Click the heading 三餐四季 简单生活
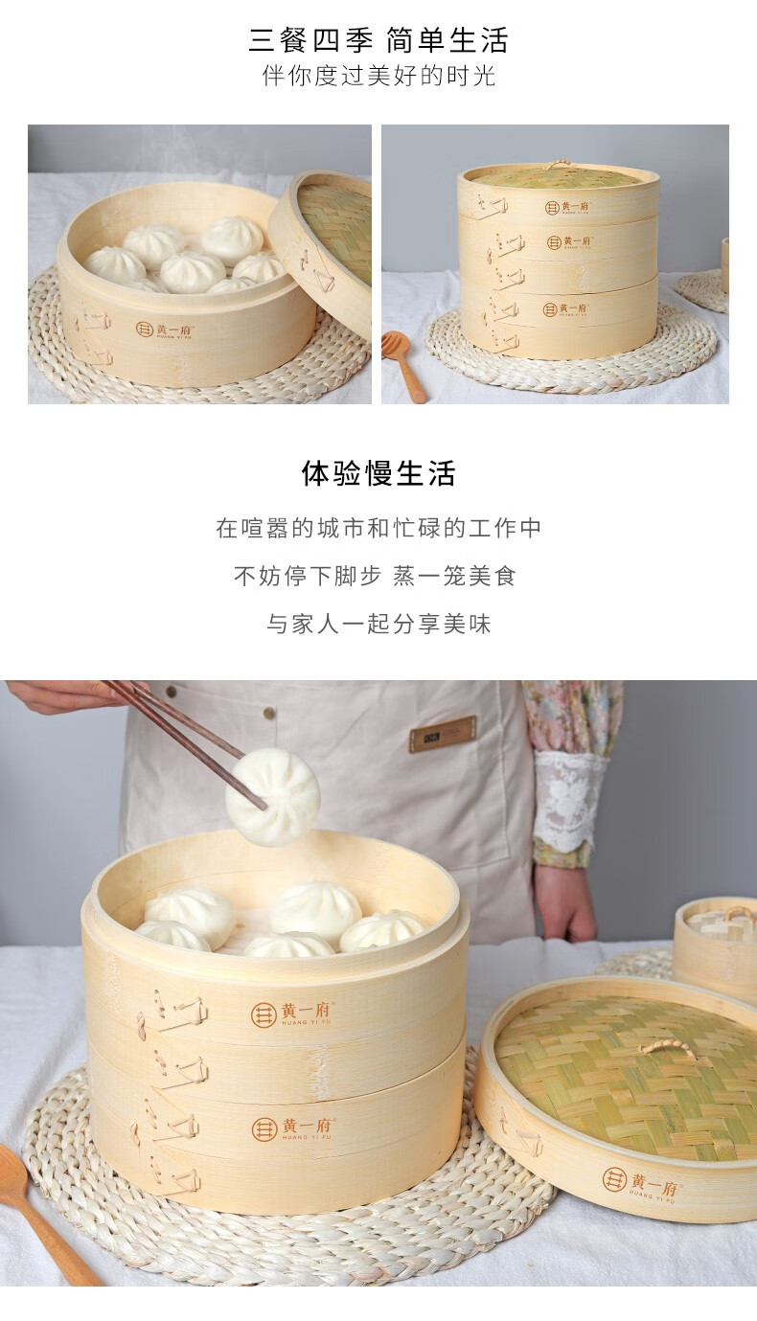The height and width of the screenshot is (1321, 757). pyautogui.click(x=378, y=40)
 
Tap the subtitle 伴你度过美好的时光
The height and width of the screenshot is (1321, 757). pyautogui.click(x=378, y=76)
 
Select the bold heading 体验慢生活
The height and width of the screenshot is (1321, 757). pyautogui.click(x=378, y=473)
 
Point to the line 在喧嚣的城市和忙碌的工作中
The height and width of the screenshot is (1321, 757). pyautogui.click(x=378, y=528)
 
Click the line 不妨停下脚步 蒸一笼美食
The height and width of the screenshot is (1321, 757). pyautogui.click(x=376, y=576)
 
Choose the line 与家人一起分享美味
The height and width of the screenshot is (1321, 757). pyautogui.click(x=378, y=624)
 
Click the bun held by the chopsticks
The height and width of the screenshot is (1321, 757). pyautogui.click(x=272, y=796)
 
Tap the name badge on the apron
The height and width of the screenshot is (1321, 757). pyautogui.click(x=443, y=734)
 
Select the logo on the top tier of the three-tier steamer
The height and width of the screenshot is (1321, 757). pyautogui.click(x=566, y=207)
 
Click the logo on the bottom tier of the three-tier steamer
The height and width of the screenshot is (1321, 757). pyautogui.click(x=564, y=309)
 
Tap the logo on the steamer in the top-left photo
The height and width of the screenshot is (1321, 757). pyautogui.click(x=165, y=330)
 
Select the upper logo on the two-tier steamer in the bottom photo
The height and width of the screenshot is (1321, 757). pyautogui.click(x=292, y=1014)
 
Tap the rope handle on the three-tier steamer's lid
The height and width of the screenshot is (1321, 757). pyautogui.click(x=558, y=165)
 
